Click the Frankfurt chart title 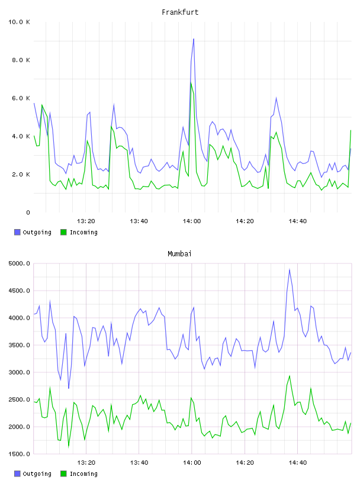tap(180, 12)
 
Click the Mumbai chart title tap(179, 254)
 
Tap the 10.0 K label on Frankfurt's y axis tap(19, 22)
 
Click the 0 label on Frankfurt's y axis tap(28, 212)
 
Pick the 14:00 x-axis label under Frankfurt tap(192, 221)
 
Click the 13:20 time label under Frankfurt tap(86, 221)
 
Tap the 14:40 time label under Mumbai tap(298, 463)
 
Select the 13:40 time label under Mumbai tap(139, 463)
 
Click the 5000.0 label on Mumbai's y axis tap(19, 263)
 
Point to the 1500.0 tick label tap(19, 454)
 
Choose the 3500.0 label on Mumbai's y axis tap(19, 345)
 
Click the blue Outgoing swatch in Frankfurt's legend tap(17, 232)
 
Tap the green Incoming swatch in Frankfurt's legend tap(63, 232)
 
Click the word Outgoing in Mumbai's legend tap(37, 474)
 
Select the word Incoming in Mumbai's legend tap(83, 474)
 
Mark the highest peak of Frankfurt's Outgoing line tap(194, 39)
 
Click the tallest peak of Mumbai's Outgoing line tap(290, 269)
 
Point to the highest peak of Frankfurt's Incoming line tap(191, 82)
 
